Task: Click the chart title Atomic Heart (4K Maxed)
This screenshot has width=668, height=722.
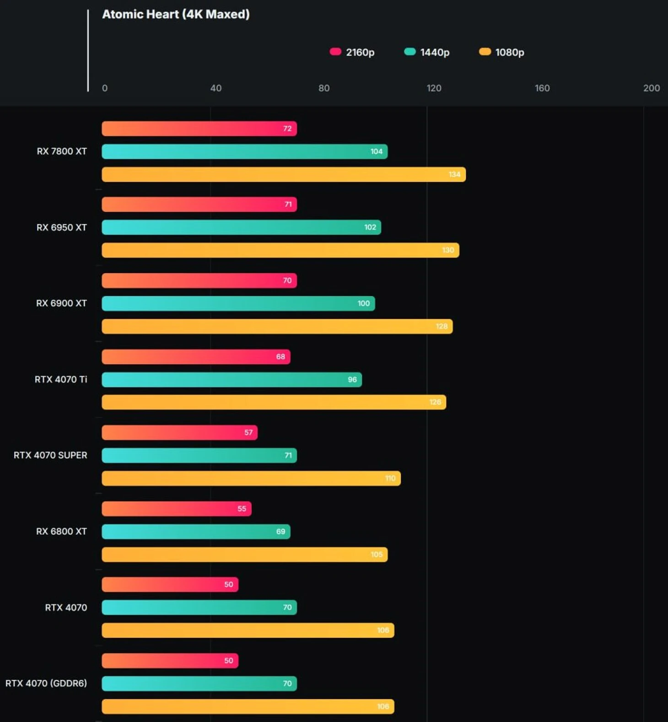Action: [x=176, y=14]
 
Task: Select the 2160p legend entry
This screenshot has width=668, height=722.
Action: [x=352, y=52]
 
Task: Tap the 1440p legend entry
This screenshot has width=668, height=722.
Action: [x=427, y=52]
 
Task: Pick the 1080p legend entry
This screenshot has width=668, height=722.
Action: [x=502, y=52]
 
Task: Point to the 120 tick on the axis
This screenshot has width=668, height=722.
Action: [x=434, y=88]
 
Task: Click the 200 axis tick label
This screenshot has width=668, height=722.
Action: [x=651, y=88]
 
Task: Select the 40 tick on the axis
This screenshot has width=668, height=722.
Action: [x=215, y=88]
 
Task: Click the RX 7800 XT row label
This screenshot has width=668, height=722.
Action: [x=62, y=151]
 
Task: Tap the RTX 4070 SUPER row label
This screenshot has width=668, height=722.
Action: [x=50, y=455]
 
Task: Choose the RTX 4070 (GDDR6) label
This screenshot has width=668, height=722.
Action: [x=46, y=683]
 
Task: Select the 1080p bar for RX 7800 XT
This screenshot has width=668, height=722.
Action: [x=284, y=174]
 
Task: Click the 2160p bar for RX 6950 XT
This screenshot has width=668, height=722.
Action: [x=199, y=204]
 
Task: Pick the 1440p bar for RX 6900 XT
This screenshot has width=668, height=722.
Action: [x=238, y=303]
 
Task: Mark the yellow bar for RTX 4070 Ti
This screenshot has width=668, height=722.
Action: [x=274, y=402]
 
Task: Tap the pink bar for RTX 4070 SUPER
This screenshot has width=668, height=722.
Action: [x=179, y=433]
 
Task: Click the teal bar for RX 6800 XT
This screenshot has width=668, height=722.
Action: [x=196, y=531]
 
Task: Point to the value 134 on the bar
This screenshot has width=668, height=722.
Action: [x=454, y=174]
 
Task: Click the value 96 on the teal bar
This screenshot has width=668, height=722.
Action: [x=352, y=380]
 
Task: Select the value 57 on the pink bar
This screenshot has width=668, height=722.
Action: [x=248, y=433]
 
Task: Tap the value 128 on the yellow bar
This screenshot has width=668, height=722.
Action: [x=442, y=326]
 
